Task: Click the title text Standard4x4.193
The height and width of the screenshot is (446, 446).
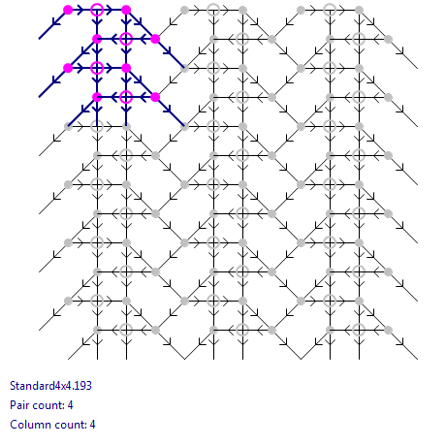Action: (x=50, y=386)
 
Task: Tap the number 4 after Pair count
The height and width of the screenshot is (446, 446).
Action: (x=71, y=405)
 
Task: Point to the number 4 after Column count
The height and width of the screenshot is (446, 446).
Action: (x=93, y=425)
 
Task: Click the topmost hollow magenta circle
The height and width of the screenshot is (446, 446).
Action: (x=97, y=10)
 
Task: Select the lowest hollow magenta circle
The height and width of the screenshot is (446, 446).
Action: (x=126, y=97)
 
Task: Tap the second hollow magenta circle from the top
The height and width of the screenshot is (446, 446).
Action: (x=126, y=39)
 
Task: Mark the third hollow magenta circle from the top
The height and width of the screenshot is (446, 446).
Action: (x=97, y=68)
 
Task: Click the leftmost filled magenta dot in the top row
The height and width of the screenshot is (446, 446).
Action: (x=68, y=10)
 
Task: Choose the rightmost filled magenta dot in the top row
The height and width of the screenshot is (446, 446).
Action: (x=126, y=10)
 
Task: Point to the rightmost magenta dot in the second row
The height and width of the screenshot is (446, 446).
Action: (x=155, y=39)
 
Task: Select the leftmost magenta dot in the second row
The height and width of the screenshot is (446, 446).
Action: (x=97, y=39)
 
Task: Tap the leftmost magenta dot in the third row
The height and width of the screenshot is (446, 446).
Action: (x=68, y=68)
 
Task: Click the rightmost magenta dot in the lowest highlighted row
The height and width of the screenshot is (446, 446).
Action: (x=155, y=97)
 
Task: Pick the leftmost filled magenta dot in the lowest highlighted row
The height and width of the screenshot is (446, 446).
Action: (x=97, y=97)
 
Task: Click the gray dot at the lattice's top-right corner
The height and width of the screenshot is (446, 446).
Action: (x=359, y=10)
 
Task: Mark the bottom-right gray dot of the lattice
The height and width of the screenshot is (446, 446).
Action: (x=388, y=330)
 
